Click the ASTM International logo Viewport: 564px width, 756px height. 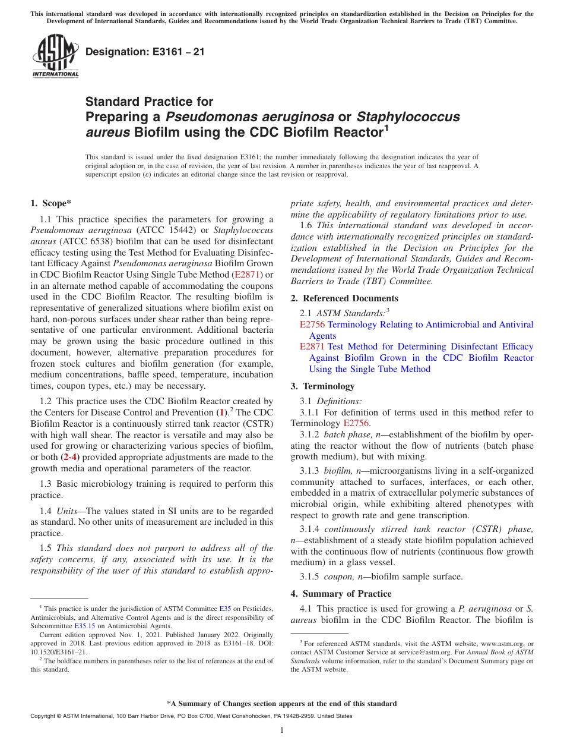(x=55, y=55)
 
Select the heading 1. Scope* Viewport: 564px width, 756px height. (x=51, y=203)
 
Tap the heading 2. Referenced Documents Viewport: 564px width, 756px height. (x=344, y=298)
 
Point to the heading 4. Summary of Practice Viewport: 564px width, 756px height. (x=341, y=594)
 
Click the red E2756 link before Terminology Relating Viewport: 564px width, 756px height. (x=312, y=325)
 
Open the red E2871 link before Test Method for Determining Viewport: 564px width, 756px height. (x=312, y=346)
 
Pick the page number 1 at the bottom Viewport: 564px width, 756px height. (x=282, y=730)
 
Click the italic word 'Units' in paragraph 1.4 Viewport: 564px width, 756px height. (x=67, y=511)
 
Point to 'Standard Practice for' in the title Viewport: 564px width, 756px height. (x=149, y=102)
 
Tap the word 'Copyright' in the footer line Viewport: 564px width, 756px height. (x=45, y=716)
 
